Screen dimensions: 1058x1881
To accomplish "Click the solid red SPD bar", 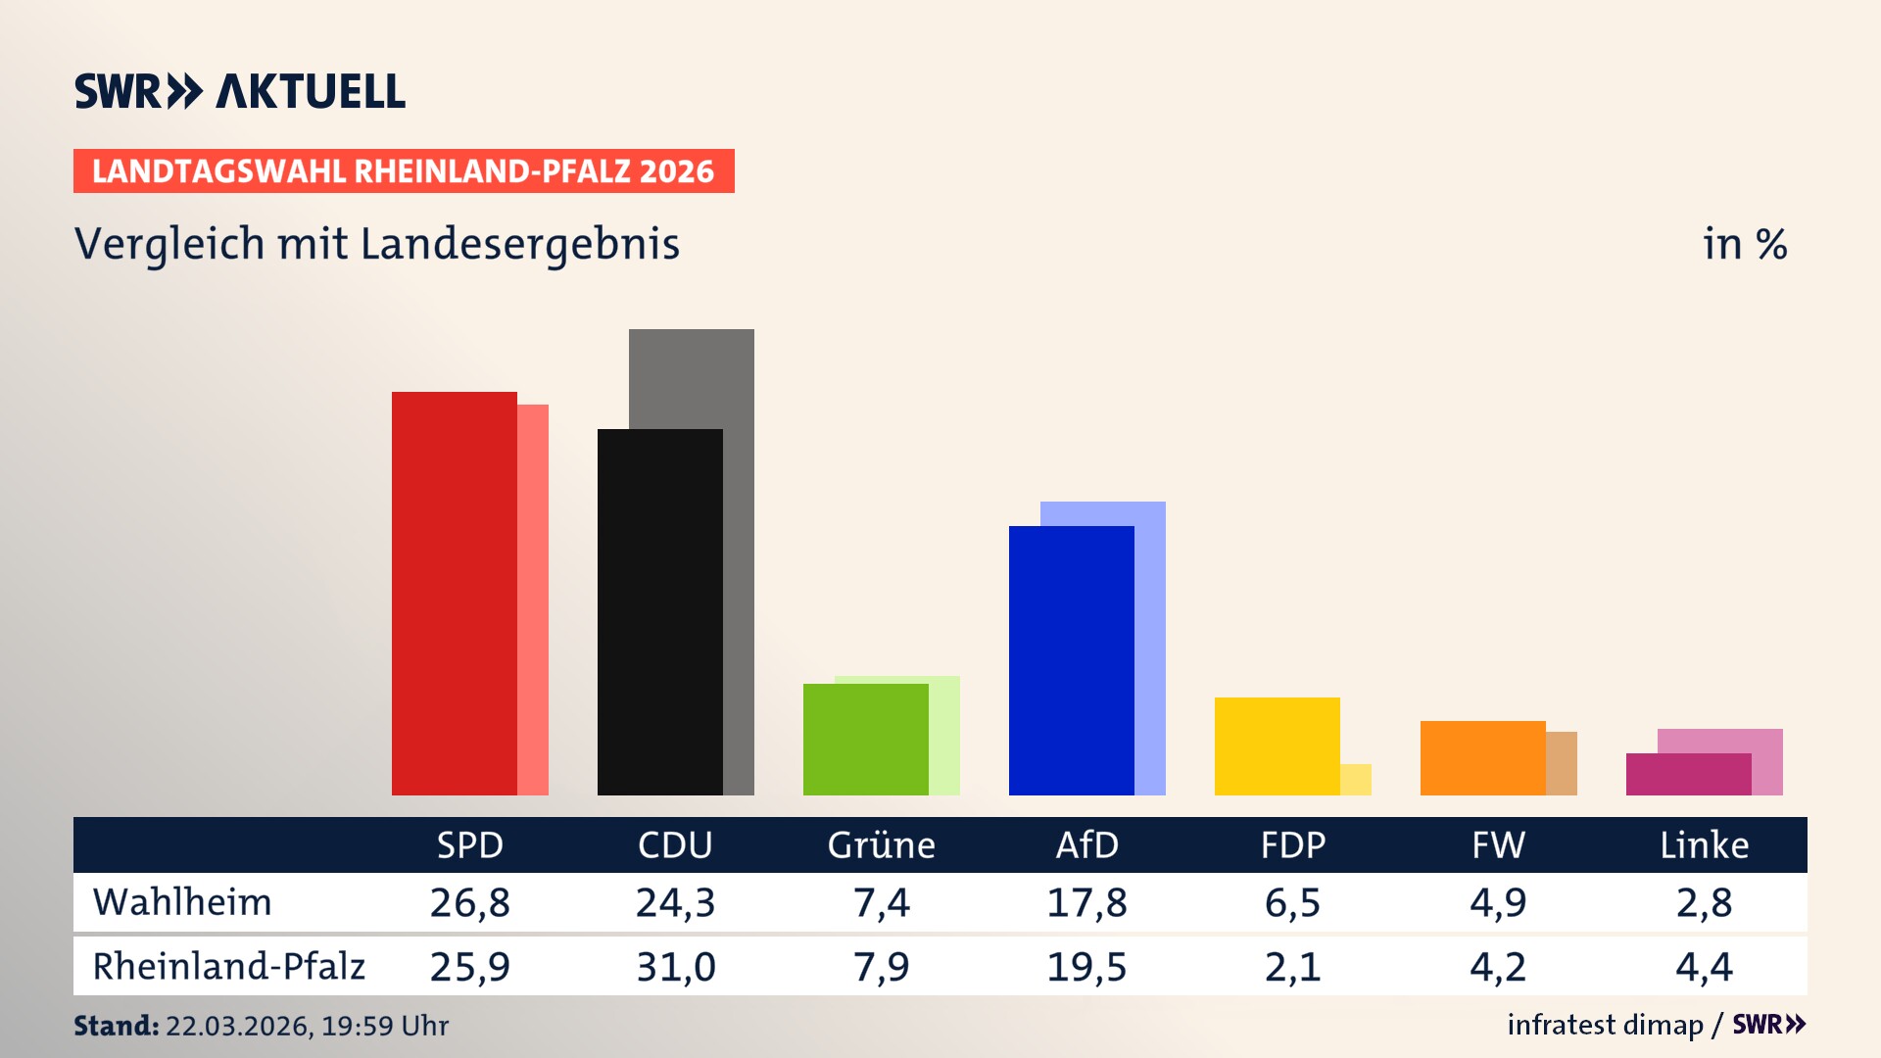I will (x=454, y=593).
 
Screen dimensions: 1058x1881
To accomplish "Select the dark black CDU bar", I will (x=659, y=612).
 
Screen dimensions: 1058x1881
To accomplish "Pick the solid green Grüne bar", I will (x=865, y=740).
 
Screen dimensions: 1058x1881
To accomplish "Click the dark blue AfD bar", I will (x=1071, y=661).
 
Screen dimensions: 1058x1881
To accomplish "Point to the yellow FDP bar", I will (x=1277, y=746).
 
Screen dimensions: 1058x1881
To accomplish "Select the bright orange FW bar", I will (x=1482, y=758).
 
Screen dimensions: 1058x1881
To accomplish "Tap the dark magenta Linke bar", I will (x=1688, y=774).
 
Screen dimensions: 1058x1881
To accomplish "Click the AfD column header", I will (x=1086, y=845).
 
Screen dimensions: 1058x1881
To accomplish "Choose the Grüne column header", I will (x=881, y=845).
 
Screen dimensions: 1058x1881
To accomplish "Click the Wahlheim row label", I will (x=182, y=902).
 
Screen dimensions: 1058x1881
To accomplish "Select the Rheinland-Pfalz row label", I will (x=228, y=967).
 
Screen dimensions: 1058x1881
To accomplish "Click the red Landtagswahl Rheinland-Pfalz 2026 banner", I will (x=404, y=171).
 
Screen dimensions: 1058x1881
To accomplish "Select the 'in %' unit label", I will (x=1744, y=245).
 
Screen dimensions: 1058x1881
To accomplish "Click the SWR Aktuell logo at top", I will (x=240, y=91).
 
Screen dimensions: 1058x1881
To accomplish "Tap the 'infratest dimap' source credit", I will (x=1605, y=1025).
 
